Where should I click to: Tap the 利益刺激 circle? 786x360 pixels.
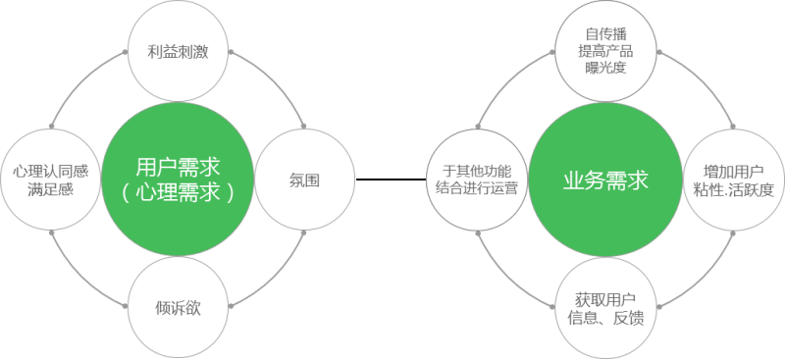point(178,52)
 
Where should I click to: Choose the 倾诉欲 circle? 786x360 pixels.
point(178,306)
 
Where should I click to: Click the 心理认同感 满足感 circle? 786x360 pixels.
point(50,180)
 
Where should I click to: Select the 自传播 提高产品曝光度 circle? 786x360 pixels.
point(605,52)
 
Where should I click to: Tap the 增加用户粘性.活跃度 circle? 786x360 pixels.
point(733,180)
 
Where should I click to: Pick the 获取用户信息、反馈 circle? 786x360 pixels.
point(605,306)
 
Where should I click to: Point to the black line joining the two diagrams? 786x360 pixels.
point(392,180)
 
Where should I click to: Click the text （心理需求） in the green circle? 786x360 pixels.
point(178,191)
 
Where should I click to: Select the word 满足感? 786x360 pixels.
point(50,189)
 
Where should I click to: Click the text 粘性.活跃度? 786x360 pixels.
point(733,189)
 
